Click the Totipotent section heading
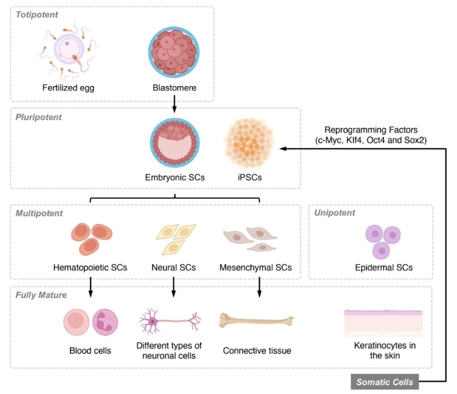click(x=37, y=14)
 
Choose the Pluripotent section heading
click(x=39, y=117)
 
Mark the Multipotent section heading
click(x=40, y=213)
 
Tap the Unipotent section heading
click(x=334, y=213)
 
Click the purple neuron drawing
click(x=170, y=320)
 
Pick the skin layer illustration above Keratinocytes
click(x=385, y=321)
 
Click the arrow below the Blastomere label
click(x=174, y=101)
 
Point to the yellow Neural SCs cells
click(x=173, y=239)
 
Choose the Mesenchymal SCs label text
click(x=256, y=267)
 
